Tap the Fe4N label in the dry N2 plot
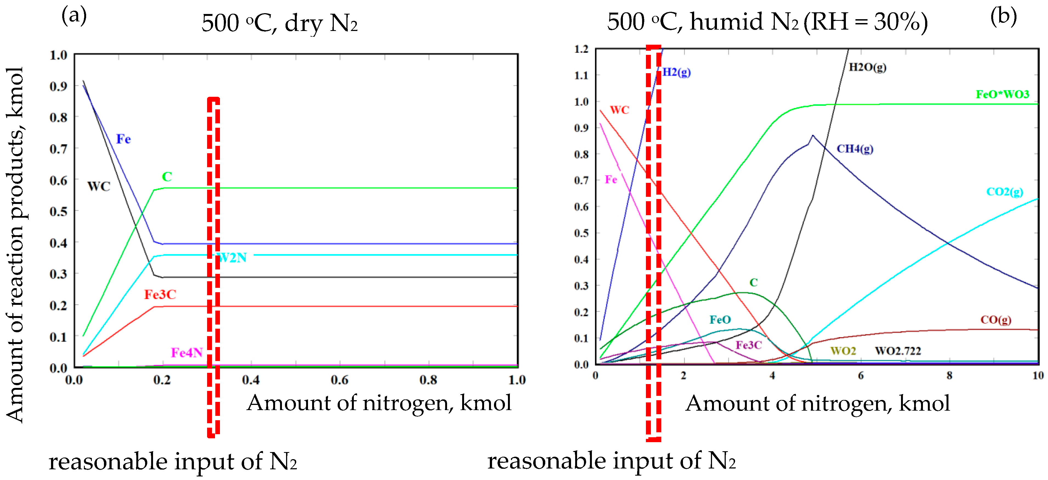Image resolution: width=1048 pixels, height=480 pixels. tap(186, 352)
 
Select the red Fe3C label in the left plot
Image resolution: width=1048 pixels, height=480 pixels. tap(160, 294)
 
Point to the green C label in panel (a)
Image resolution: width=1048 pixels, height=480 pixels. tap(167, 177)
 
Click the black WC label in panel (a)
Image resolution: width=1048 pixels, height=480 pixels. tap(99, 186)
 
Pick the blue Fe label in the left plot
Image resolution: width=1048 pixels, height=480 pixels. tap(123, 139)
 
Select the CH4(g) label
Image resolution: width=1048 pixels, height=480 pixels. tap(854, 149)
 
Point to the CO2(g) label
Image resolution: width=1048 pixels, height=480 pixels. tap(1004, 192)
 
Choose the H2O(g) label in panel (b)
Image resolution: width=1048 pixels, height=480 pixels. tap(867, 67)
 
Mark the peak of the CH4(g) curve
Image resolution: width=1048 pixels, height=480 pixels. tap(812, 135)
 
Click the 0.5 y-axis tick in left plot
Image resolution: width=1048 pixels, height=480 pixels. tap(58, 212)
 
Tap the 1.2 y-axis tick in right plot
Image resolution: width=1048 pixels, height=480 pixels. tap(581, 49)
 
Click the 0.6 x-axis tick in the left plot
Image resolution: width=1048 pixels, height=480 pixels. tap(339, 380)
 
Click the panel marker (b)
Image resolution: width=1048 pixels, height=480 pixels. tap(1003, 16)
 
